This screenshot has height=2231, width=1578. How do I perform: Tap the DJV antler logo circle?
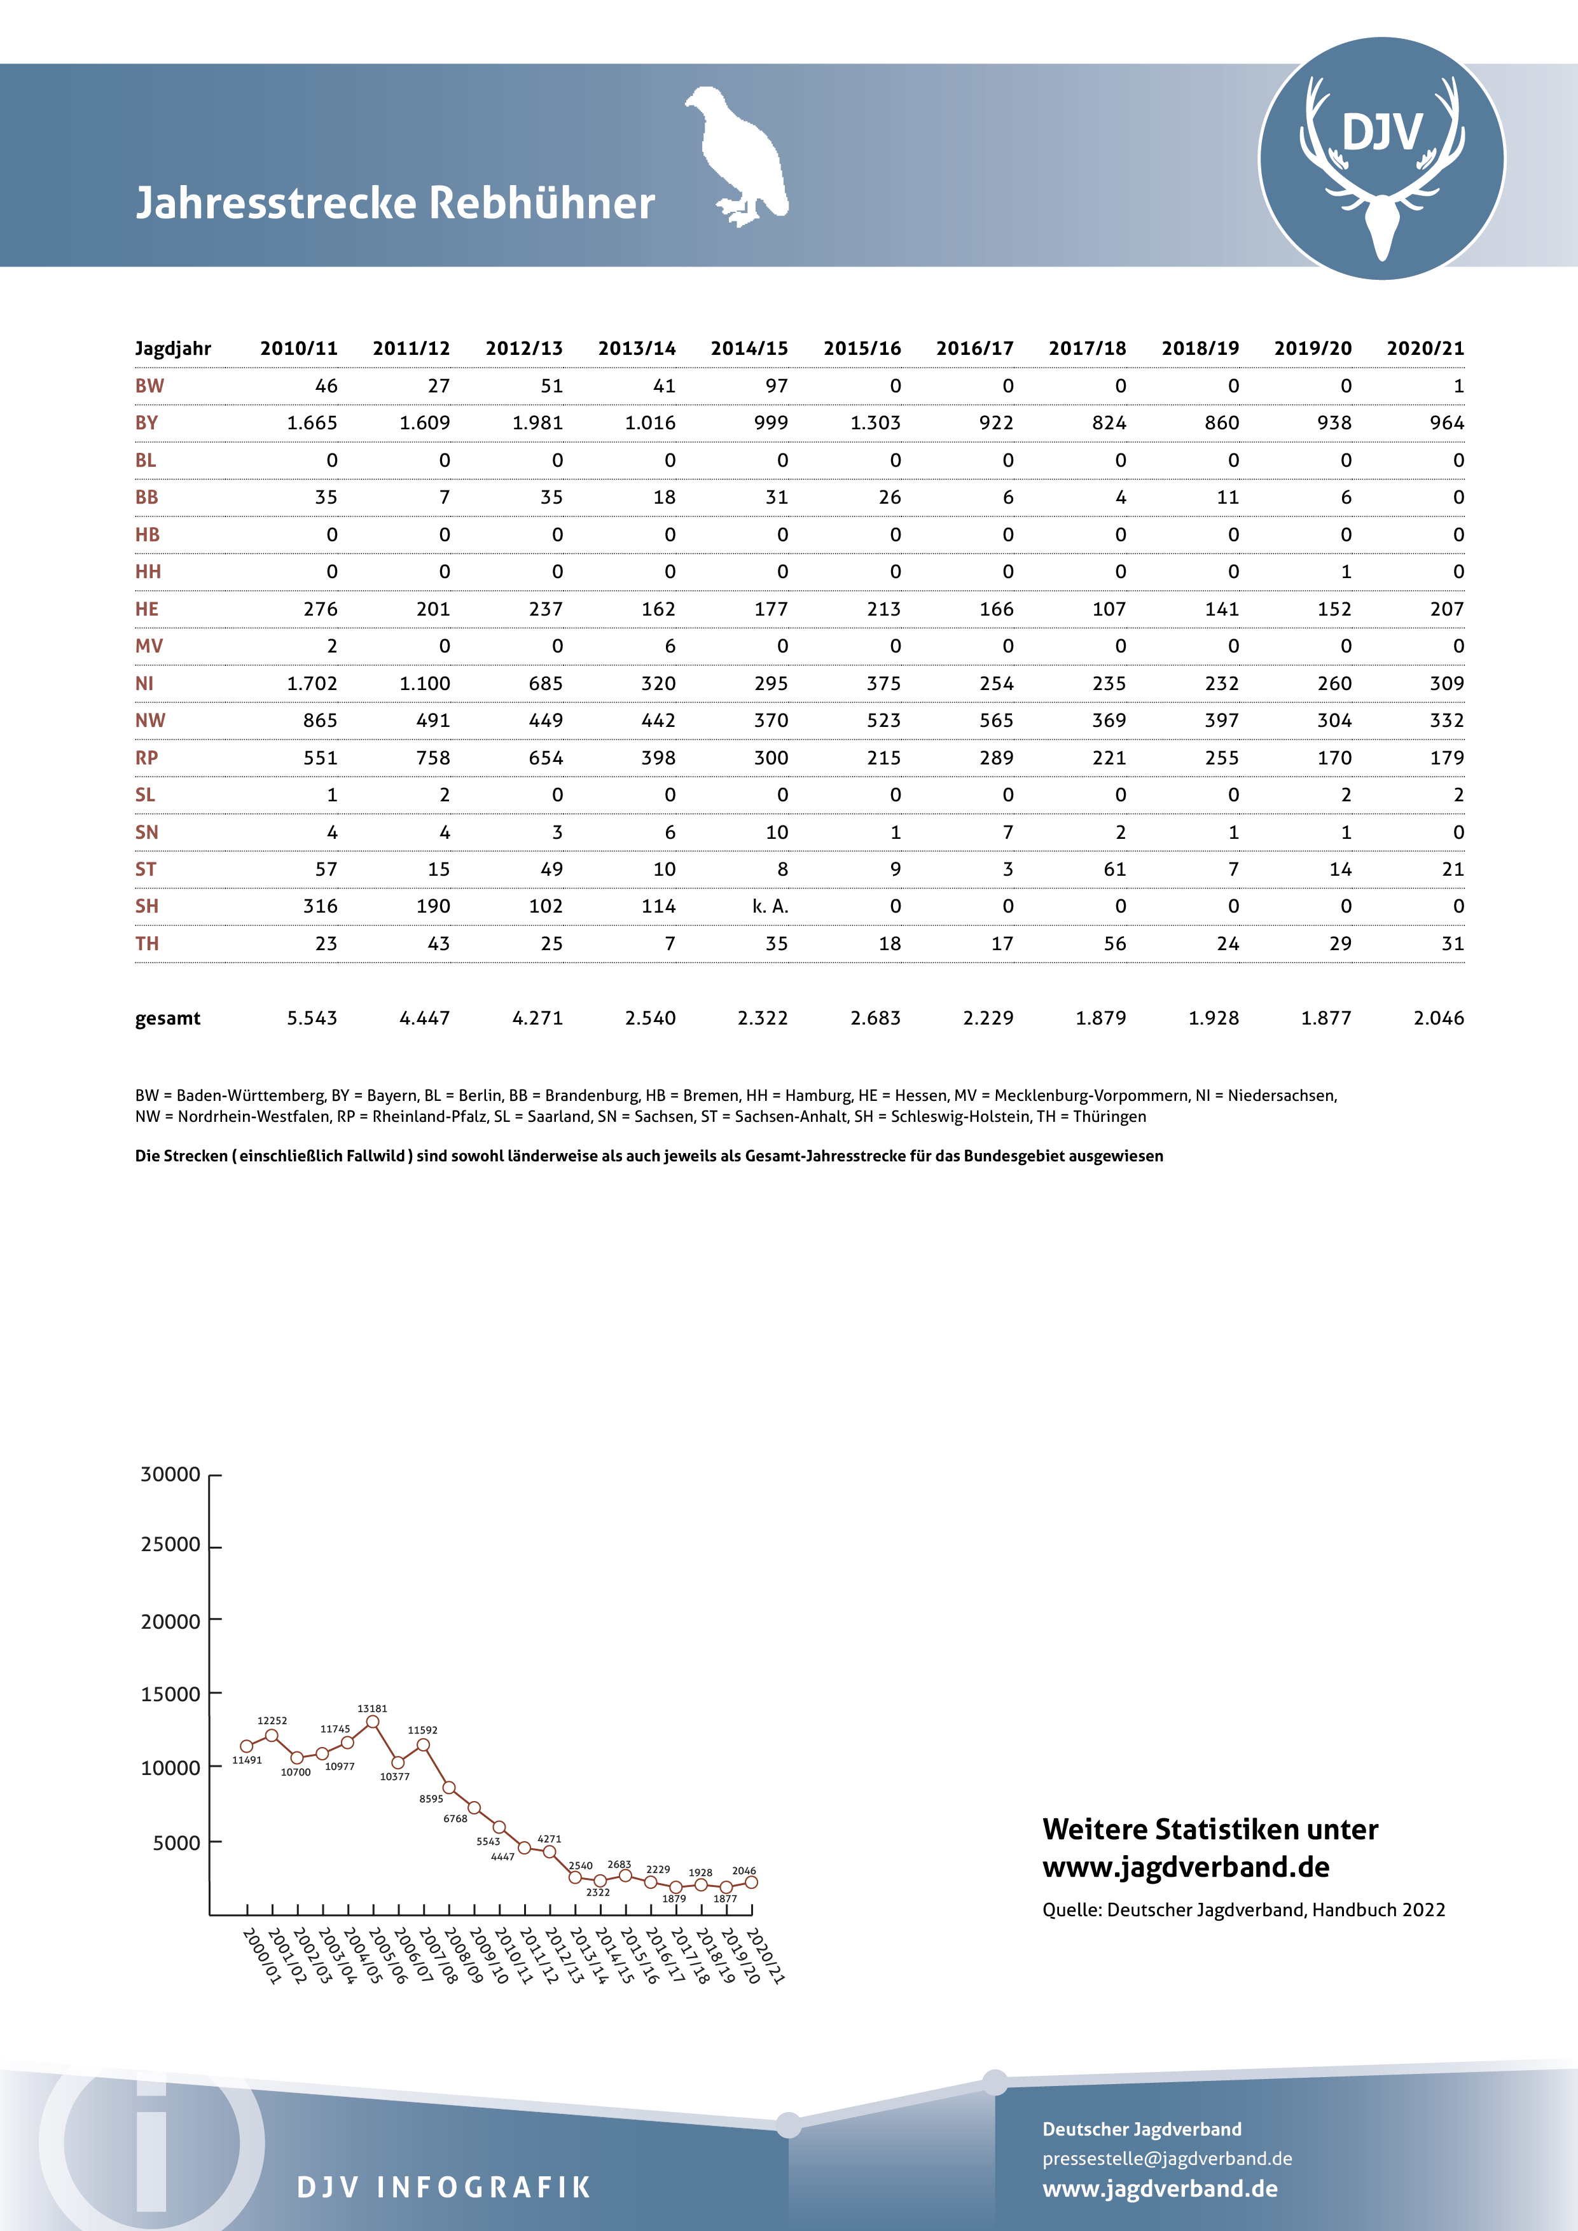pyautogui.click(x=1381, y=158)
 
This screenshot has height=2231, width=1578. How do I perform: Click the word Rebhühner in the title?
pyautogui.click(x=541, y=203)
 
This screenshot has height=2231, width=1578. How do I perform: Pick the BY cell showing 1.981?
pyautogui.click(x=537, y=423)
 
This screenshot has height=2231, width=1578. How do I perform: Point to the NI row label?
pyautogui.click(x=145, y=683)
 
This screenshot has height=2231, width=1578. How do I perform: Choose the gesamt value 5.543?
pyautogui.click(x=312, y=1018)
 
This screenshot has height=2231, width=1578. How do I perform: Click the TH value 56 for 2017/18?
pyautogui.click(x=1114, y=944)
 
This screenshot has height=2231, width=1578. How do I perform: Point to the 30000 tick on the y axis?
pyautogui.click(x=171, y=1474)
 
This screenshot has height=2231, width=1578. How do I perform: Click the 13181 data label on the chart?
pyautogui.click(x=372, y=1708)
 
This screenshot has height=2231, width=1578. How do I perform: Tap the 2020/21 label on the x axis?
pyautogui.click(x=765, y=1956)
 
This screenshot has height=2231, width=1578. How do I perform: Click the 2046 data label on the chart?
pyautogui.click(x=744, y=1870)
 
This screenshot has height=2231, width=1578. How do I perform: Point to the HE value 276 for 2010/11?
pyautogui.click(x=321, y=609)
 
